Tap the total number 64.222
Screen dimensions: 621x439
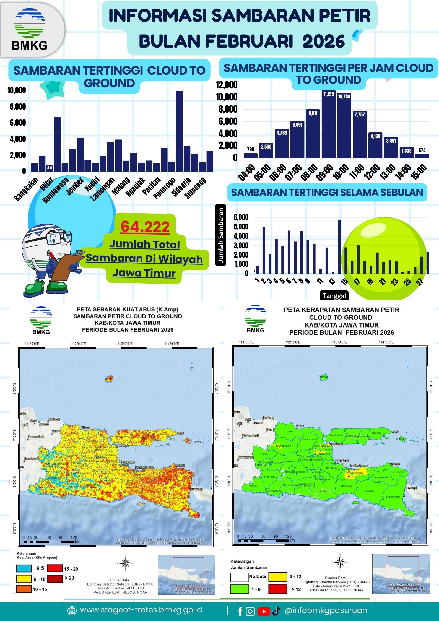[x=145, y=227]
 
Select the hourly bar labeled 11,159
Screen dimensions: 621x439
[x=329, y=124]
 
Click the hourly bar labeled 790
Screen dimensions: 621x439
[x=250, y=155]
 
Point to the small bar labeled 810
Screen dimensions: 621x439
[x=50, y=168]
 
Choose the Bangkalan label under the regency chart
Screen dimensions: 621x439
[x=27, y=189]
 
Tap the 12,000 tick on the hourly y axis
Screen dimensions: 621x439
[x=227, y=85]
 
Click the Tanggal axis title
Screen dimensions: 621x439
[x=334, y=296]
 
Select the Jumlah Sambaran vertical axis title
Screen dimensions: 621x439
[x=221, y=235]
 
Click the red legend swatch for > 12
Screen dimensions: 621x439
[x=277, y=589]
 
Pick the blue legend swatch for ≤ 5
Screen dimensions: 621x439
[x=24, y=568]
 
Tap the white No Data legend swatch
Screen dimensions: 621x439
[x=239, y=577]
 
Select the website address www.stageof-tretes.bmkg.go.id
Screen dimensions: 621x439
[x=141, y=610]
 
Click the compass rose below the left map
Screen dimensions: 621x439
[x=126, y=563]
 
